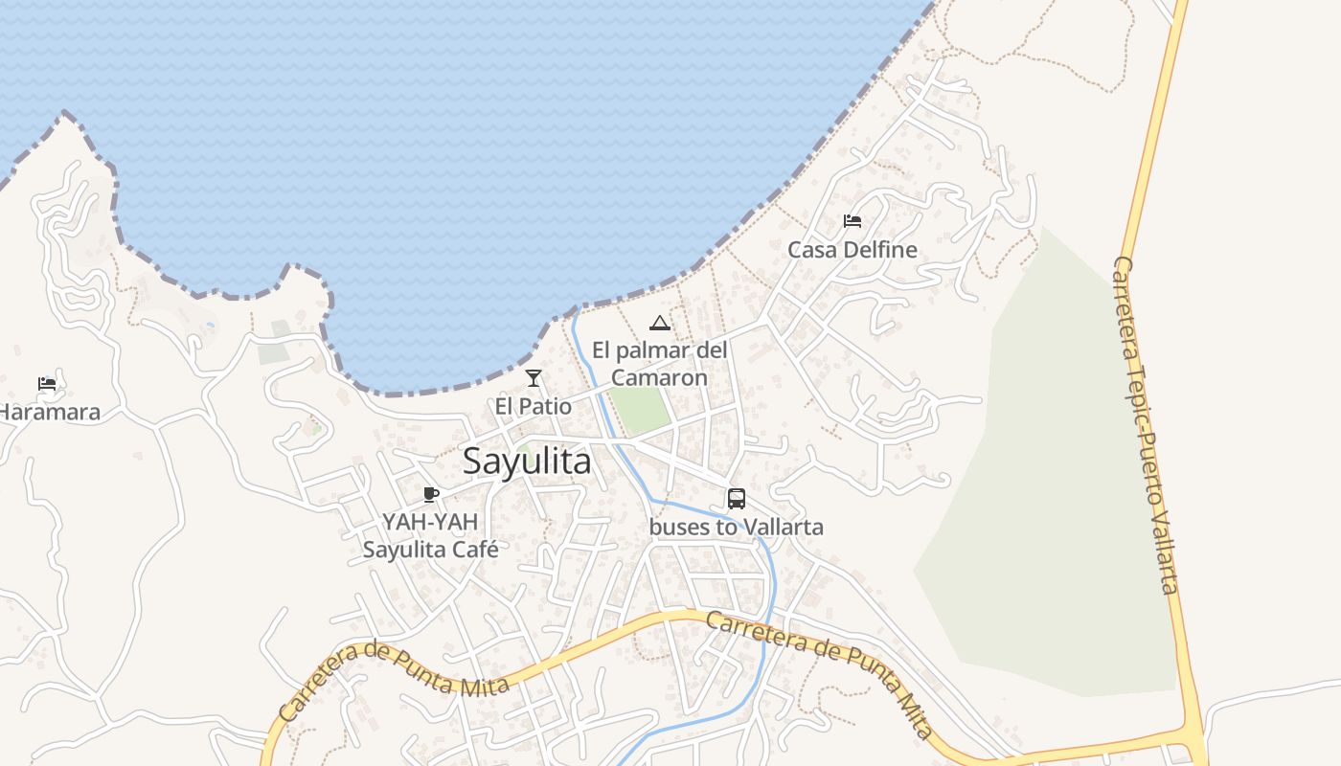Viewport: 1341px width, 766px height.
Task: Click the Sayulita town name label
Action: click(x=527, y=462)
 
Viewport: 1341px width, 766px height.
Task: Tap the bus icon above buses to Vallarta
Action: click(x=736, y=498)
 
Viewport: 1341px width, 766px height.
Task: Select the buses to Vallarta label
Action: click(x=736, y=527)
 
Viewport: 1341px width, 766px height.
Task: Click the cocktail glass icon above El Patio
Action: click(x=534, y=378)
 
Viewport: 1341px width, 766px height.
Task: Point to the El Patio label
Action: click(x=533, y=407)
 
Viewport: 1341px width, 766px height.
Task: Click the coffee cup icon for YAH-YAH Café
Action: click(x=431, y=494)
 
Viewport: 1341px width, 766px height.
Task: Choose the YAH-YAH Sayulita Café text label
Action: click(x=430, y=536)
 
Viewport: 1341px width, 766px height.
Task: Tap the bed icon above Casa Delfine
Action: click(x=852, y=221)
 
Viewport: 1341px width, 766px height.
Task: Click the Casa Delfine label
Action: click(x=852, y=250)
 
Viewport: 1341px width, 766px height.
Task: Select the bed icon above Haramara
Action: click(x=47, y=384)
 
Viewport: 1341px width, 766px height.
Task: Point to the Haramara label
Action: click(x=50, y=413)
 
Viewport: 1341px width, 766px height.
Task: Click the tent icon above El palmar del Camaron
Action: click(x=659, y=323)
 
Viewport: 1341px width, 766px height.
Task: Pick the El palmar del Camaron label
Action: click(x=659, y=364)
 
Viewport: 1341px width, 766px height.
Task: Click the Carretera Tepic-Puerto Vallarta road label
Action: click(x=1146, y=426)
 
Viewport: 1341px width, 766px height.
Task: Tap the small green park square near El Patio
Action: click(x=640, y=409)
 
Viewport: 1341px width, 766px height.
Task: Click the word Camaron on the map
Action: click(x=659, y=377)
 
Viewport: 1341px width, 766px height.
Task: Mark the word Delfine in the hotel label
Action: click(x=881, y=250)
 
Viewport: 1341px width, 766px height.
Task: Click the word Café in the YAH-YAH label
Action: click(x=477, y=550)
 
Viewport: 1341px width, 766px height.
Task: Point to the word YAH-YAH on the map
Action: click(x=430, y=522)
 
